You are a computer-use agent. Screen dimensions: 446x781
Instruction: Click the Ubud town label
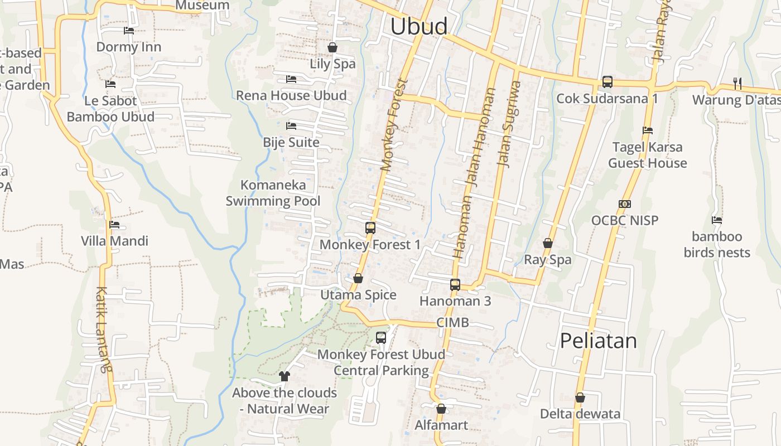[419, 27]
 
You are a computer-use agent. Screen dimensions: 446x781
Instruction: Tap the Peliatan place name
[598, 340]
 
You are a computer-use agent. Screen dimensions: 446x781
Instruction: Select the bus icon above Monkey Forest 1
[370, 227]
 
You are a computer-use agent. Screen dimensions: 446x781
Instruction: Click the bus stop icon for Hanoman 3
[455, 285]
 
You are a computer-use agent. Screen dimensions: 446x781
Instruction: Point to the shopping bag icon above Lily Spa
[332, 47]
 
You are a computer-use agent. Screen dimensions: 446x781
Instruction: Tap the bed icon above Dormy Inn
[129, 30]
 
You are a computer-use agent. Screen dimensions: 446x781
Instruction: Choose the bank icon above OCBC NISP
[625, 204]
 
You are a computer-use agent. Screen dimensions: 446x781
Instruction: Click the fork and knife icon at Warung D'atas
[737, 84]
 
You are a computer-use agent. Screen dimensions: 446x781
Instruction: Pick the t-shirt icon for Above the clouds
[285, 376]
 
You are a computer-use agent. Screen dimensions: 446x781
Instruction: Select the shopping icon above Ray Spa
[548, 243]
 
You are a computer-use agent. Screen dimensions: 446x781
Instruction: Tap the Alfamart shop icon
[441, 409]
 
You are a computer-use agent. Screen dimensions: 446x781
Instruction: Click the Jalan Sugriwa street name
[509, 124]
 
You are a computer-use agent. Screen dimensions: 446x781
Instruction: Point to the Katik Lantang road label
[103, 329]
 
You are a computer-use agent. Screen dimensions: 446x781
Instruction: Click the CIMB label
[452, 322]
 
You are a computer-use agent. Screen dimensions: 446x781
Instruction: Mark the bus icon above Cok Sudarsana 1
[608, 82]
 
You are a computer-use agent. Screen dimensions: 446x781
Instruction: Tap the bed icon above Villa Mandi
[114, 225]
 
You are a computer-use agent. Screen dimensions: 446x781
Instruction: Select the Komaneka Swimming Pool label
[273, 193]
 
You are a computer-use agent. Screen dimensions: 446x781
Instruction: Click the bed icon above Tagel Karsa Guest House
[648, 130]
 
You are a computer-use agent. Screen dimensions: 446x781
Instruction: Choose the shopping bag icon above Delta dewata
[580, 397]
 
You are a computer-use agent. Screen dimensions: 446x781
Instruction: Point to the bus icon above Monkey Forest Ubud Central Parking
[381, 337]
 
